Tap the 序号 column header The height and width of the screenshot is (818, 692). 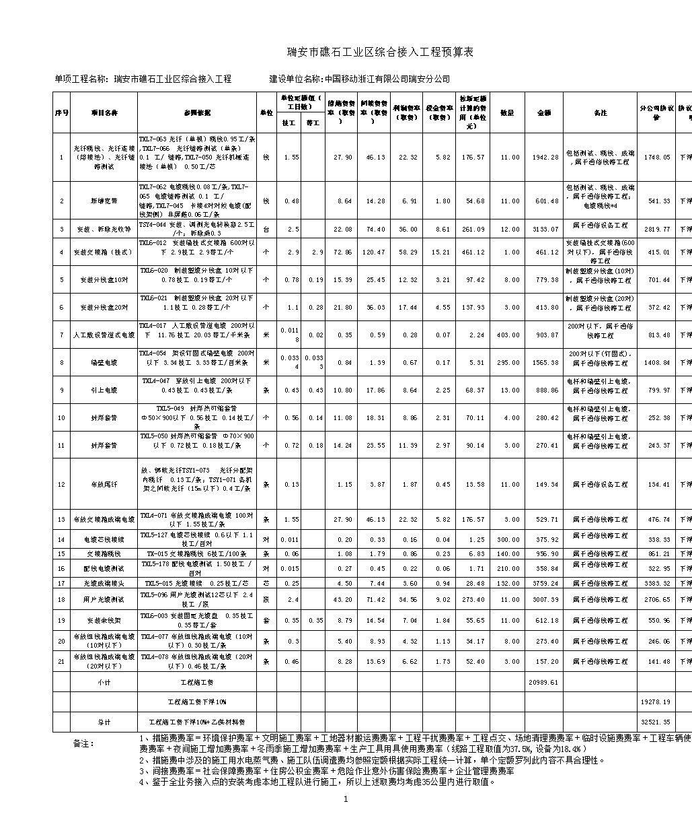(61, 112)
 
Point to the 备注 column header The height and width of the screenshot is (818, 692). (600, 112)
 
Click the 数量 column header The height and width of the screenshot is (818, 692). (508, 112)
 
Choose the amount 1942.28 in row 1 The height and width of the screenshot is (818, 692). (545, 158)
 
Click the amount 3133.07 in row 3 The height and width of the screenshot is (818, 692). (545, 230)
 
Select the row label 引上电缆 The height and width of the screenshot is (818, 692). (104, 390)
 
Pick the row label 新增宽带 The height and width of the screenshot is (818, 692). (104, 201)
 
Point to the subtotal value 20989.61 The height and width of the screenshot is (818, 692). (545, 682)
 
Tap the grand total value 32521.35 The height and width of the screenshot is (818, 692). (655, 722)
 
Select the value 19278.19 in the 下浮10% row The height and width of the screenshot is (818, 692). (655, 702)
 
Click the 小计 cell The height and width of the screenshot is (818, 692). (104, 682)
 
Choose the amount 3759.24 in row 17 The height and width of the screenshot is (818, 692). (545, 584)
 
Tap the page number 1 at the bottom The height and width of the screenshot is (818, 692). (346, 800)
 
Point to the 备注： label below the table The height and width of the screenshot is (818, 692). (84, 744)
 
